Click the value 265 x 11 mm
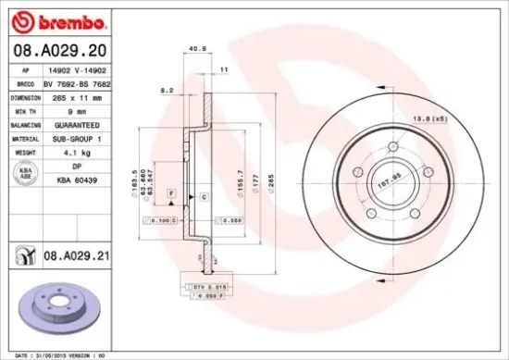click(73, 97)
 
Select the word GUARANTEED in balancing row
click(73, 124)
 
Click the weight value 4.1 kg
click(73, 151)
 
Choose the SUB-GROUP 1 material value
click(73, 138)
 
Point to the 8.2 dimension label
click(168, 91)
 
